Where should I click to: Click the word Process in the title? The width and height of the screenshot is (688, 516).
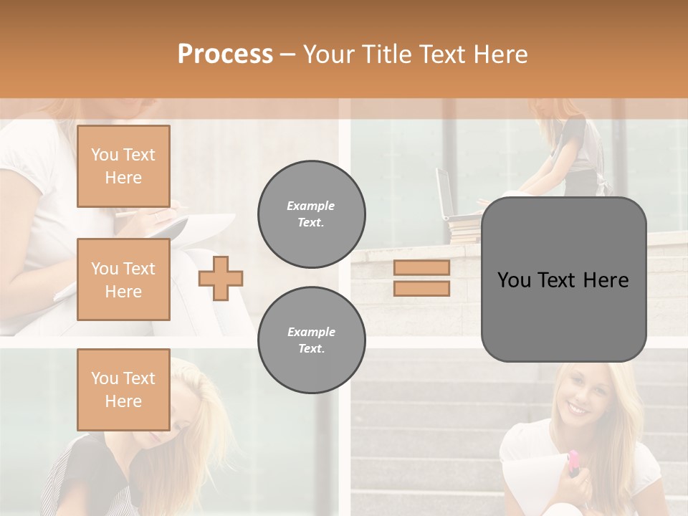pos(225,54)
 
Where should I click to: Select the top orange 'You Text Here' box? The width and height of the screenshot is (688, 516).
pos(123,166)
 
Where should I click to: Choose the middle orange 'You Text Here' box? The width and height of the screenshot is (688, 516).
pos(123,279)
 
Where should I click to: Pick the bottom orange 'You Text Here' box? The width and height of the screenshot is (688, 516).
pos(123,390)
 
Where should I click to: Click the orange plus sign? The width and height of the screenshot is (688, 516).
pos(221,278)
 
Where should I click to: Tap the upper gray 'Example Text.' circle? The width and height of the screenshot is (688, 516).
pos(312,214)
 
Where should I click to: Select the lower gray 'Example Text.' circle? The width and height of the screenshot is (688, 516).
pos(312,340)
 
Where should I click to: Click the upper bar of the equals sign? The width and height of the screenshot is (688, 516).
pos(422,268)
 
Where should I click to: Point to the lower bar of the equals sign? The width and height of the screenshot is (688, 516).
pos(422,288)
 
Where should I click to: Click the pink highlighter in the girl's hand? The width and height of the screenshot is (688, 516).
pos(573,462)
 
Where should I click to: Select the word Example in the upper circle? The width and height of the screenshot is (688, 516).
pos(311,206)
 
